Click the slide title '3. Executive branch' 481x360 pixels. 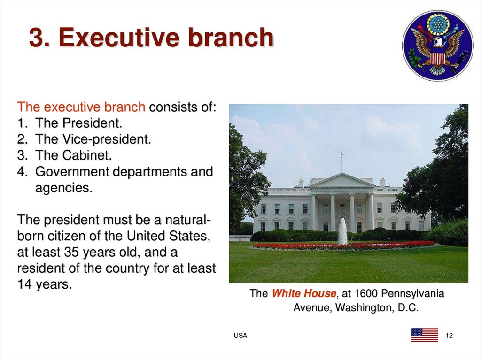(x=151, y=38)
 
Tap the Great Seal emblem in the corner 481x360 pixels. (x=438, y=46)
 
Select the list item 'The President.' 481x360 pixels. (x=78, y=123)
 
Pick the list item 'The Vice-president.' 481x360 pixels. (x=93, y=139)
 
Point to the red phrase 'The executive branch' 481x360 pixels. (x=81, y=107)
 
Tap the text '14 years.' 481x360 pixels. (x=45, y=284)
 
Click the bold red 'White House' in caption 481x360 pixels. (x=304, y=294)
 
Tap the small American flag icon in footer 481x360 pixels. (x=425, y=335)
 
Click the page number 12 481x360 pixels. (x=449, y=335)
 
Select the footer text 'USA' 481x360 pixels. (x=240, y=335)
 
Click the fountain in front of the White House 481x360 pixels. (x=342, y=232)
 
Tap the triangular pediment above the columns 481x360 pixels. (x=342, y=181)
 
